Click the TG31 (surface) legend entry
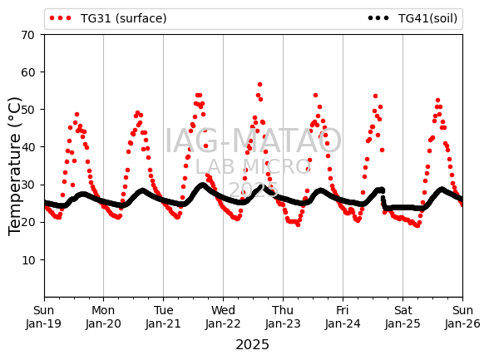tap(108, 18)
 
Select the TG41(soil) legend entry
tap(412, 18)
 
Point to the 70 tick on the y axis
tap(27, 35)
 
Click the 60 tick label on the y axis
tap(27, 72)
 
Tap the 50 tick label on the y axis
tap(27, 110)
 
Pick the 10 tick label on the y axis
tap(27, 260)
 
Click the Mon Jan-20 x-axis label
tap(103, 317)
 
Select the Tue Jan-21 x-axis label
tap(163, 317)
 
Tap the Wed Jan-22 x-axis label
tap(223, 317)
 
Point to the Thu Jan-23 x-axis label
tap(283, 317)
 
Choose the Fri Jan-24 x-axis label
tap(343, 317)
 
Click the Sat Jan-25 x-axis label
tap(403, 317)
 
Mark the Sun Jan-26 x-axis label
tap(462, 317)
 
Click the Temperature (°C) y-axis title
tap(14, 166)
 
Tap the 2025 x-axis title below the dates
tap(252, 345)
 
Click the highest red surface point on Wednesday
tap(259, 85)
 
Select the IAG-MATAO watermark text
tap(253, 141)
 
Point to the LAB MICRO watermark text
tap(252, 167)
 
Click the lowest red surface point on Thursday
tap(298, 224)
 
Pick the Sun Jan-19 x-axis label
tap(43, 317)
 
